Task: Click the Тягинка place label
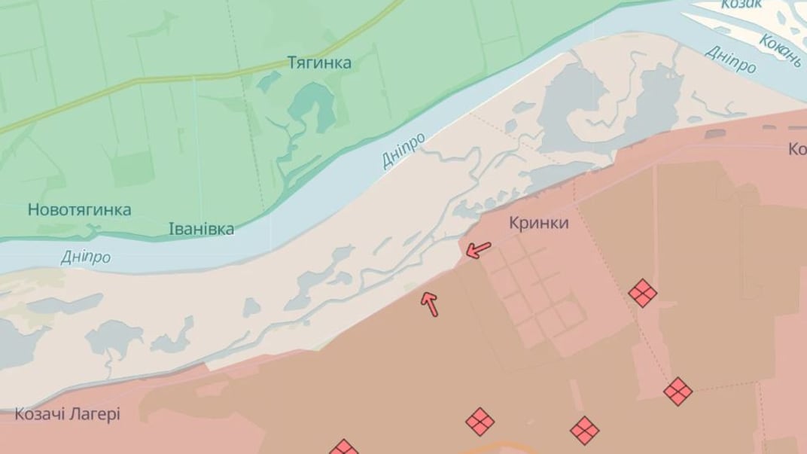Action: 319,62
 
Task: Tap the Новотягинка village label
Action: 80,210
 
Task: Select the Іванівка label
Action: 201,229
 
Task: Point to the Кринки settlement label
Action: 539,224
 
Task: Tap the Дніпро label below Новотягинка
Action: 86,257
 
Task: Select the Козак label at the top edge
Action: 742,4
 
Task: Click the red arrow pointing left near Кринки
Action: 477,249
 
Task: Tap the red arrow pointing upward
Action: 430,303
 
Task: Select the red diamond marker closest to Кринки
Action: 642,293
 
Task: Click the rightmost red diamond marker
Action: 678,391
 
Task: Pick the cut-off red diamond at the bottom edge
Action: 343,447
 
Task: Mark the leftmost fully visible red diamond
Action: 480,422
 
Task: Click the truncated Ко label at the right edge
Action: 797,150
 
